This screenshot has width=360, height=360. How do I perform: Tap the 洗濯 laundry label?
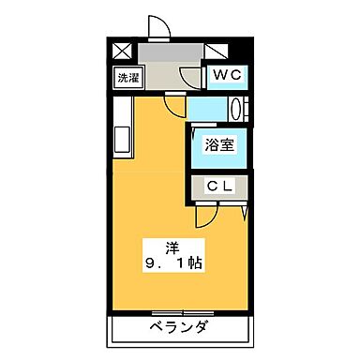point(126,79)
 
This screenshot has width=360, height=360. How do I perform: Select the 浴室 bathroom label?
point(220,146)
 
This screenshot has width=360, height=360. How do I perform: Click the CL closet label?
point(220,187)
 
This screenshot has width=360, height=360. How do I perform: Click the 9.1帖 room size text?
point(173,264)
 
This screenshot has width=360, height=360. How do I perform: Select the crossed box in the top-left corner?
point(123,52)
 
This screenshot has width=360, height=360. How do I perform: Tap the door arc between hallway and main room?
point(174,103)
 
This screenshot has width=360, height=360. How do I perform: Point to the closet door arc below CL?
point(205,215)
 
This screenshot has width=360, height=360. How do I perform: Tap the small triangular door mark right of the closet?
point(244,212)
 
